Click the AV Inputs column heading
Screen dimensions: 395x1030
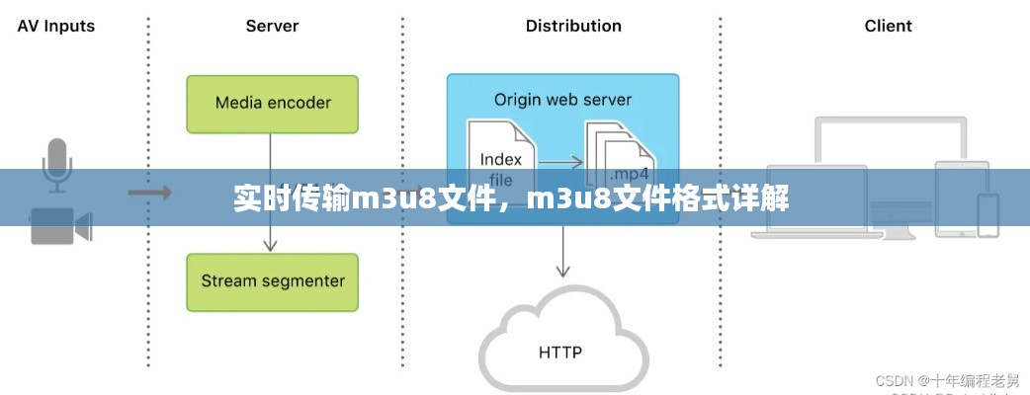pos(56,26)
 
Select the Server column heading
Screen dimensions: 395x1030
pos(272,26)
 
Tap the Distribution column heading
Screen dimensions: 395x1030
pos(573,26)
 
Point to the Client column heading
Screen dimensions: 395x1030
pos(888,26)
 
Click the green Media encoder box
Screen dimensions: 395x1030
pos(273,103)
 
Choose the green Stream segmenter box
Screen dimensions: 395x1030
pos(273,281)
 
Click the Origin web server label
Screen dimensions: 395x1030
pos(562,100)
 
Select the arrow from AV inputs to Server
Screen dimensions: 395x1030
pos(149,191)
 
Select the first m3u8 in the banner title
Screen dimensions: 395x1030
pos(388,198)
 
